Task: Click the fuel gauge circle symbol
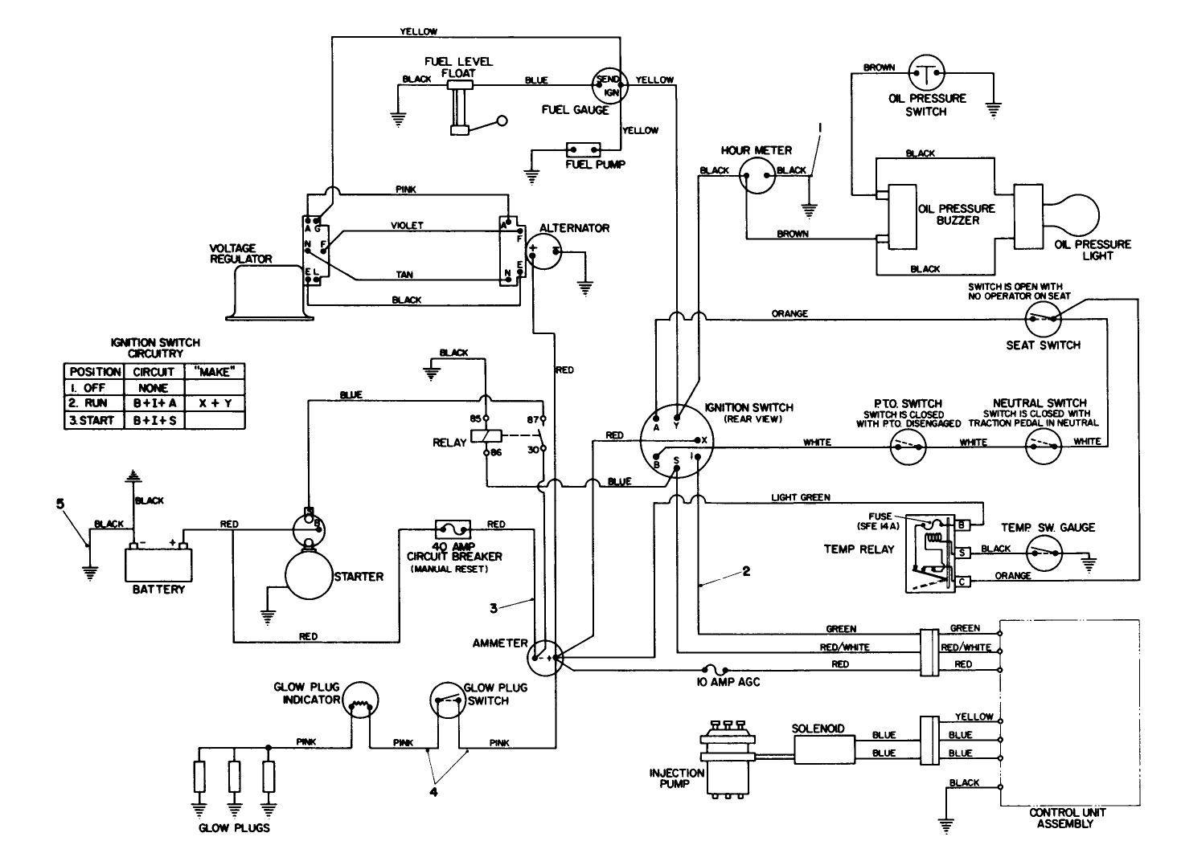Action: point(609,85)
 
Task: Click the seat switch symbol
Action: point(1043,320)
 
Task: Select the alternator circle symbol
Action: point(547,254)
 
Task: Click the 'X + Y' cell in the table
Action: point(215,403)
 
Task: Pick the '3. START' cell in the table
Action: point(93,420)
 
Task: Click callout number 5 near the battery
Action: point(59,504)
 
